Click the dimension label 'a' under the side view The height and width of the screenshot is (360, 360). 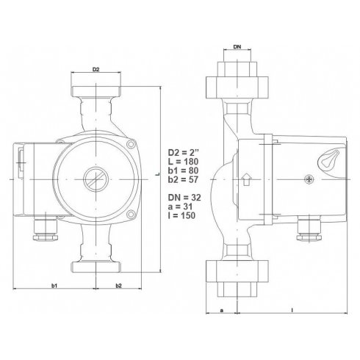tap(222, 311)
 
